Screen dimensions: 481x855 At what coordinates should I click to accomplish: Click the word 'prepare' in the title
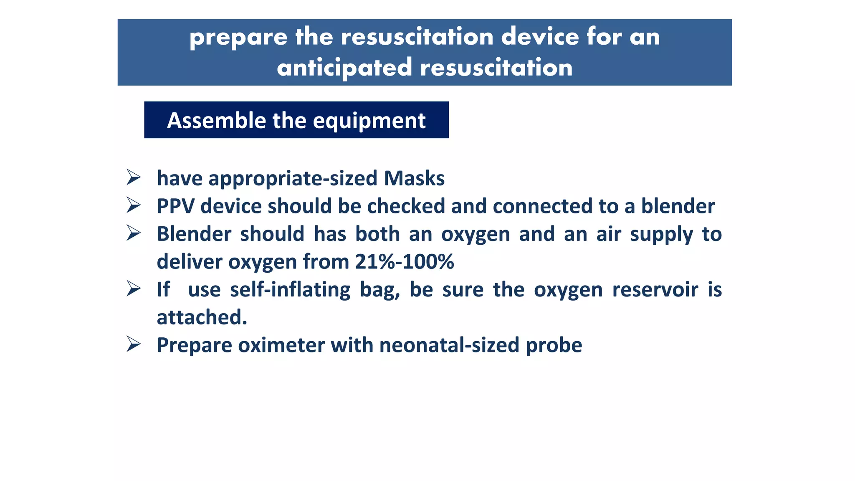click(238, 38)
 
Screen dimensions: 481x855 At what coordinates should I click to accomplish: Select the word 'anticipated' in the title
click(344, 68)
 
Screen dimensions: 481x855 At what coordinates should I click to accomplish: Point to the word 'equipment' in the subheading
click(369, 122)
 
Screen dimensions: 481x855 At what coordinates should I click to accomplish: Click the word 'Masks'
click(414, 178)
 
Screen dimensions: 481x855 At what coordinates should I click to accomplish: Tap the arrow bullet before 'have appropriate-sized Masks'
click(134, 177)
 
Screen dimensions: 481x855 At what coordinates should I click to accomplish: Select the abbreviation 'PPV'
click(175, 206)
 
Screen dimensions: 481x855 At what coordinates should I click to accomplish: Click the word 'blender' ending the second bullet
click(678, 206)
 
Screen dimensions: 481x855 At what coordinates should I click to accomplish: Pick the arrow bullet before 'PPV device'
click(134, 205)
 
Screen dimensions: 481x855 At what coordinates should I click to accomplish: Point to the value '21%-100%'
click(404, 262)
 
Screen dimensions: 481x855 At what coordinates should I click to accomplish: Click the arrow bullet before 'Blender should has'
click(134, 233)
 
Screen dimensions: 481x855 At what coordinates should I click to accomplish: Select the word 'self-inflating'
click(290, 290)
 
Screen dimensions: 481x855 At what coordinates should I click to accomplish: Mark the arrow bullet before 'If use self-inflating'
click(134, 289)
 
